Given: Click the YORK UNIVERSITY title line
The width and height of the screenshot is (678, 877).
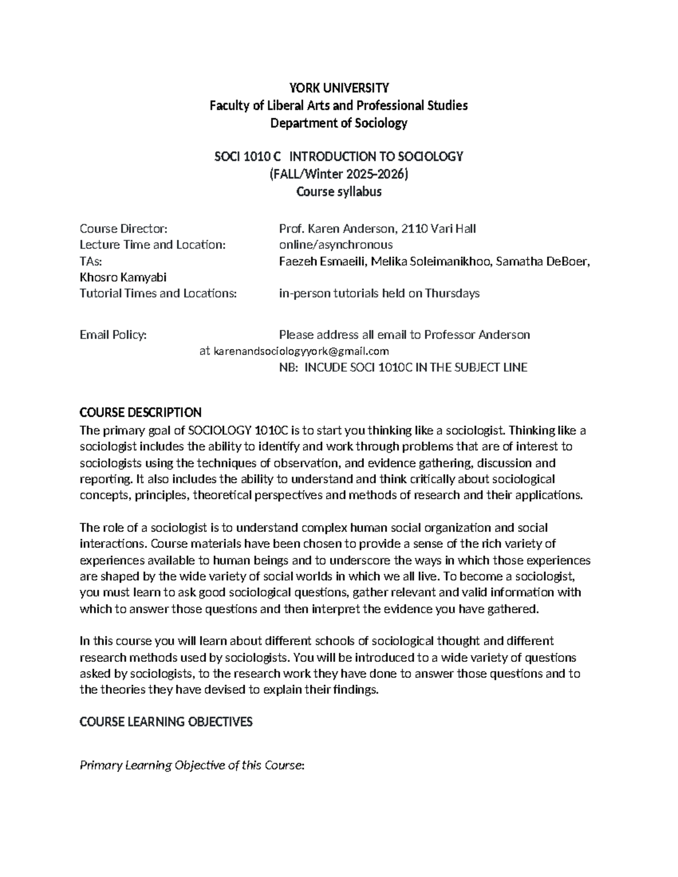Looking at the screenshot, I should click(339, 88).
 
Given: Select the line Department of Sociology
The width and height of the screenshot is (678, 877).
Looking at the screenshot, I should click(339, 123).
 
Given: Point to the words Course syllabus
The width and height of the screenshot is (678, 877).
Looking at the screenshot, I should click(339, 191).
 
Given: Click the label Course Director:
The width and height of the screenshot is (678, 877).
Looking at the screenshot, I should click(123, 229).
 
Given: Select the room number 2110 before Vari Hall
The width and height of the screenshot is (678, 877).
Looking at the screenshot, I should click(414, 229).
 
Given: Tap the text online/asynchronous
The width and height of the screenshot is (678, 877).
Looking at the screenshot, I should click(336, 245).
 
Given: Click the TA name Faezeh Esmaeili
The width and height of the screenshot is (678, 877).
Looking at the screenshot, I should click(323, 261).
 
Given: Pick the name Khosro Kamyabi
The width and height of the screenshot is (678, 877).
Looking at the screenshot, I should click(123, 277).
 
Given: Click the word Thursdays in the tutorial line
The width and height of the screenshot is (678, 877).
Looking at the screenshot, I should click(452, 293).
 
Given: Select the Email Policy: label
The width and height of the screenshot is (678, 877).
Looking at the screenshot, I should click(113, 335).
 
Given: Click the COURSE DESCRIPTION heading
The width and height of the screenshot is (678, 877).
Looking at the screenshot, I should click(140, 412).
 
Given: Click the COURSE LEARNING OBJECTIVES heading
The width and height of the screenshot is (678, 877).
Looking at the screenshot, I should click(166, 722).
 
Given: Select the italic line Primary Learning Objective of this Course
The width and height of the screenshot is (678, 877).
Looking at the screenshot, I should click(192, 766).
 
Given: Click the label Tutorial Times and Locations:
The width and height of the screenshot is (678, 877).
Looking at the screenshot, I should click(158, 293).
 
